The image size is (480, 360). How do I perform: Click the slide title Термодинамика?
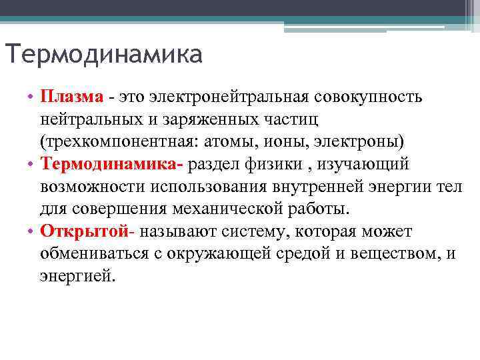103,53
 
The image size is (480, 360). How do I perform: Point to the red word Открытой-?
88,231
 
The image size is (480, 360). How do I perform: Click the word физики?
266,164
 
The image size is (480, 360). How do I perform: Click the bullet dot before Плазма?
31,97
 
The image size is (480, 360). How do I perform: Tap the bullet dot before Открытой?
31,231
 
